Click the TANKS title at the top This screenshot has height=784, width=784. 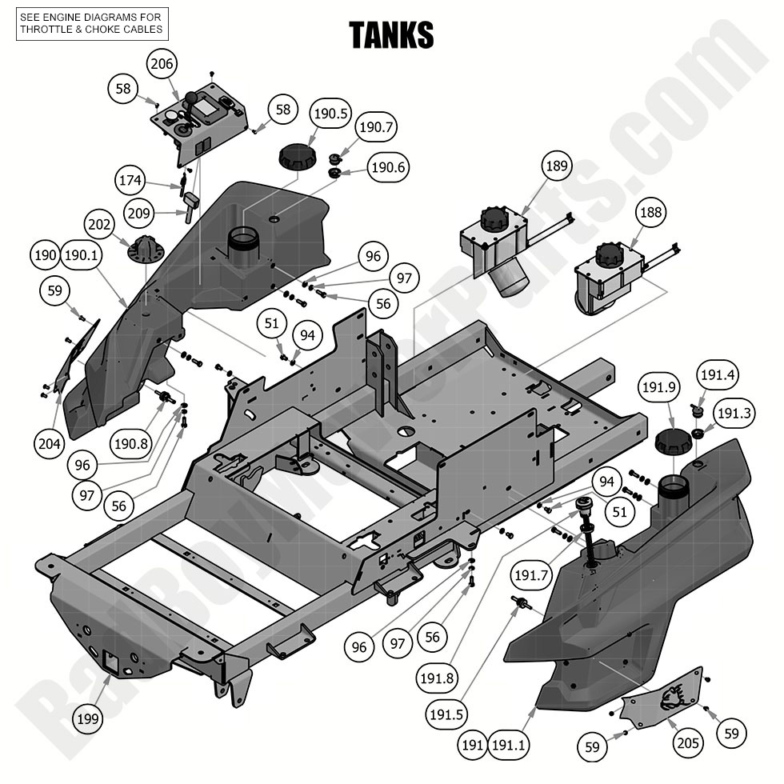pyautogui.click(x=391, y=35)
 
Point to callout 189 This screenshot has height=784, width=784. pyautogui.click(x=558, y=167)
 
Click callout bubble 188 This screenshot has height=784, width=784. pyautogui.click(x=651, y=213)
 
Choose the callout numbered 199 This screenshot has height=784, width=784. pyautogui.click(x=89, y=718)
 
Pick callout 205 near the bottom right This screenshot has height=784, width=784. pyautogui.click(x=687, y=743)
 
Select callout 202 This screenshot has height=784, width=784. pyautogui.click(x=102, y=226)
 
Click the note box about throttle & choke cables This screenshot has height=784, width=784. pyautogui.click(x=91, y=23)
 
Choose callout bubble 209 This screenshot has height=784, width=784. pyautogui.click(x=142, y=214)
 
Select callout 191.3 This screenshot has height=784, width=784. pyautogui.click(x=734, y=414)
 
